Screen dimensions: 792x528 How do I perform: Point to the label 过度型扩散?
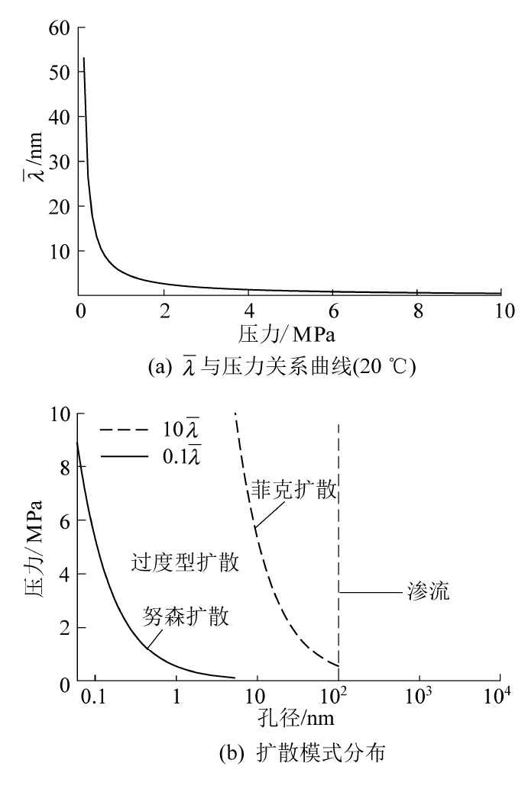[186, 564]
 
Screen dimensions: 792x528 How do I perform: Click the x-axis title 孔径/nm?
[296, 719]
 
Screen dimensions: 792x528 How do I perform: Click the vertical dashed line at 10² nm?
[338, 534]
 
